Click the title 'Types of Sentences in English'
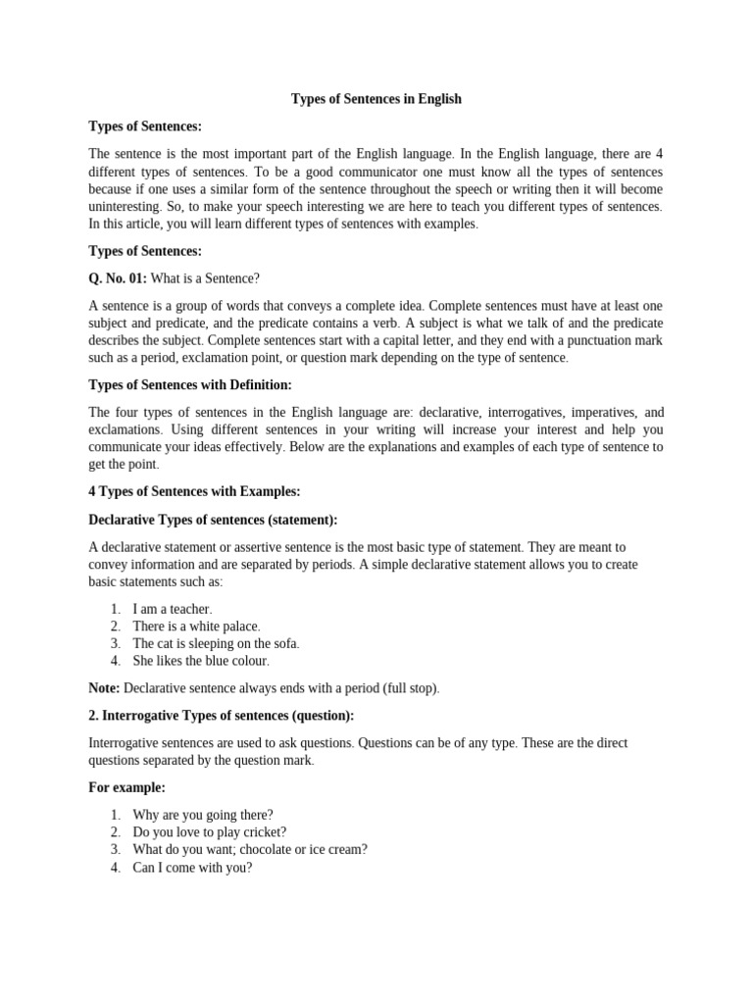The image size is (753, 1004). [376, 99]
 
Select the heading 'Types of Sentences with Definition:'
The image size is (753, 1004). [190, 385]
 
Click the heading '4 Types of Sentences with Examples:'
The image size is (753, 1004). [194, 492]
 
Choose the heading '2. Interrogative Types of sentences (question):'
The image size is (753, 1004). [222, 716]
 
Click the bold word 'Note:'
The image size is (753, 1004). [104, 688]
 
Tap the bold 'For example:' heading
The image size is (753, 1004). [126, 787]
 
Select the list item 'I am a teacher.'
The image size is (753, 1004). [173, 609]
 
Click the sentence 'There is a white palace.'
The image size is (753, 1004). [197, 627]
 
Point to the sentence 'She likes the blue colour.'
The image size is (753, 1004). [201, 662]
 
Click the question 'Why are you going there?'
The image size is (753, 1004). [203, 815]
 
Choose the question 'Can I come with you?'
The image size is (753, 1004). [192, 868]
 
